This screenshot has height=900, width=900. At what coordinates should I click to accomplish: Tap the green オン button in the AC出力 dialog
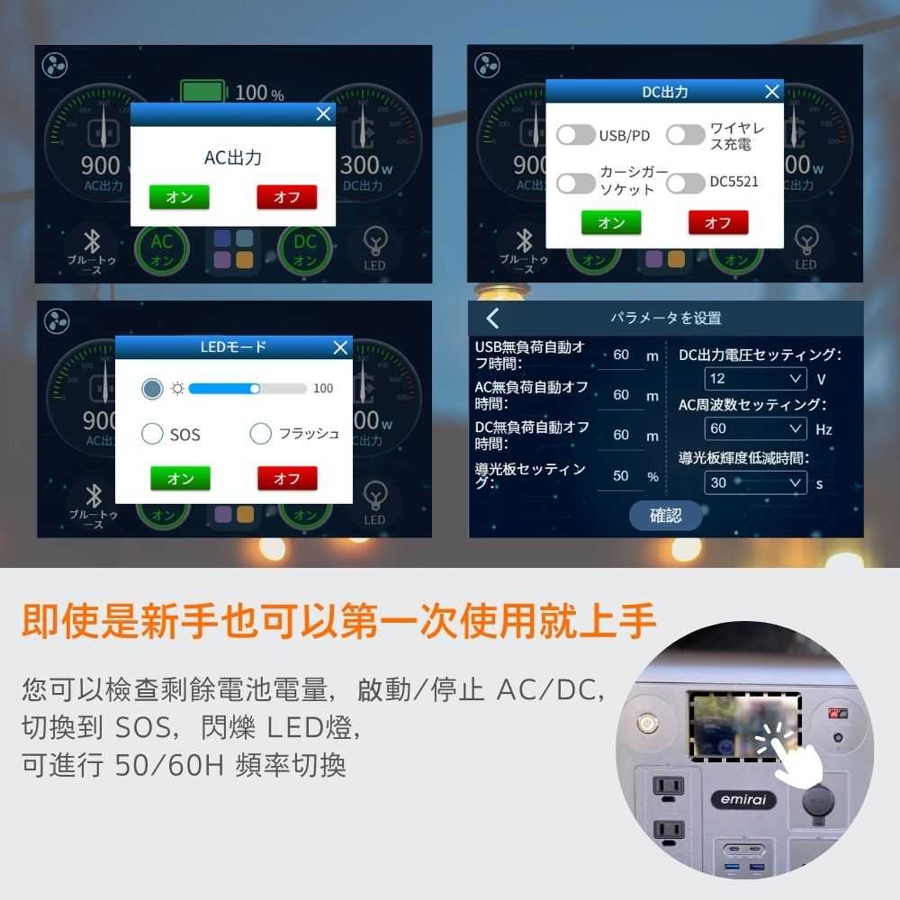tap(179, 197)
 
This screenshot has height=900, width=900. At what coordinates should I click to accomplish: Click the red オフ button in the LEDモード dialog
tap(287, 479)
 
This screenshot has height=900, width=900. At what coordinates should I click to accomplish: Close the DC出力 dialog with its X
tap(771, 92)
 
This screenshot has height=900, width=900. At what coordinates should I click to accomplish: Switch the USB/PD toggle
tap(576, 135)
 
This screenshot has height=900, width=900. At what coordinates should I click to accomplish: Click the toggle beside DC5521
tap(686, 183)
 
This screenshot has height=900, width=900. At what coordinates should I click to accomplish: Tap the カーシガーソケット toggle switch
tap(576, 183)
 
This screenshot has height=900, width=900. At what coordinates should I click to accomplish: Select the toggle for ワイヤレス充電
tap(686, 135)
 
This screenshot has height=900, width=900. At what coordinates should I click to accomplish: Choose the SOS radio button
tap(152, 435)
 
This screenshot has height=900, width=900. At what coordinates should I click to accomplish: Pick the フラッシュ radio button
tap(260, 434)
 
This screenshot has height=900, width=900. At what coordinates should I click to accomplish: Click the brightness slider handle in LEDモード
tap(256, 389)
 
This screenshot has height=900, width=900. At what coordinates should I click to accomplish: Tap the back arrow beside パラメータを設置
tap(492, 318)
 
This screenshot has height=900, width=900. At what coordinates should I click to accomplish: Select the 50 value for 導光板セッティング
tap(621, 475)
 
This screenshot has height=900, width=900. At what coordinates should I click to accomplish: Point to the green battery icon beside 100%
tap(203, 92)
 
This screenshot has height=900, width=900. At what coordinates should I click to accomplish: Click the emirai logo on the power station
tap(742, 799)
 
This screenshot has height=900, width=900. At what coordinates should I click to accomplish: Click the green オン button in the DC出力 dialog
tap(611, 222)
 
